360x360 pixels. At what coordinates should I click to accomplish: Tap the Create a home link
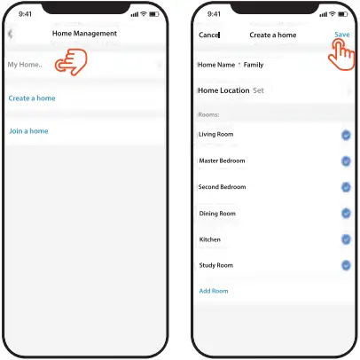click(31, 98)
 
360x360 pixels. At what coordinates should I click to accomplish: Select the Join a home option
click(27, 131)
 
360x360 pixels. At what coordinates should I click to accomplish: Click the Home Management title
click(84, 34)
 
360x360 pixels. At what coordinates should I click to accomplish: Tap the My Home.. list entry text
click(25, 65)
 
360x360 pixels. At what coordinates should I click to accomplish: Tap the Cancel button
click(208, 35)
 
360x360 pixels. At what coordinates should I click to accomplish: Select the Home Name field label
click(216, 65)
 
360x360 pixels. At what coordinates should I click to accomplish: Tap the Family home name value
click(253, 65)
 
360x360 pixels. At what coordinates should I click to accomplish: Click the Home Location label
click(223, 90)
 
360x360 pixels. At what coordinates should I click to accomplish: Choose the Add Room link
click(213, 291)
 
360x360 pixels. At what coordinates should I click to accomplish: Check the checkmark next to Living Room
click(345, 135)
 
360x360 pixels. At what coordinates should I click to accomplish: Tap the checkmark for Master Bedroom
click(345, 161)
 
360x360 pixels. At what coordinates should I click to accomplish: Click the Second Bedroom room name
click(223, 187)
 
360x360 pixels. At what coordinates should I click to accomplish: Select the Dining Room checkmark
click(345, 214)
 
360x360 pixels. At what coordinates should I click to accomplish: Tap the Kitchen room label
click(210, 239)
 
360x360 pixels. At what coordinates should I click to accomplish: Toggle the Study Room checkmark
click(345, 265)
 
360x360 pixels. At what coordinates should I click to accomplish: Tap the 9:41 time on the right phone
click(215, 15)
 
